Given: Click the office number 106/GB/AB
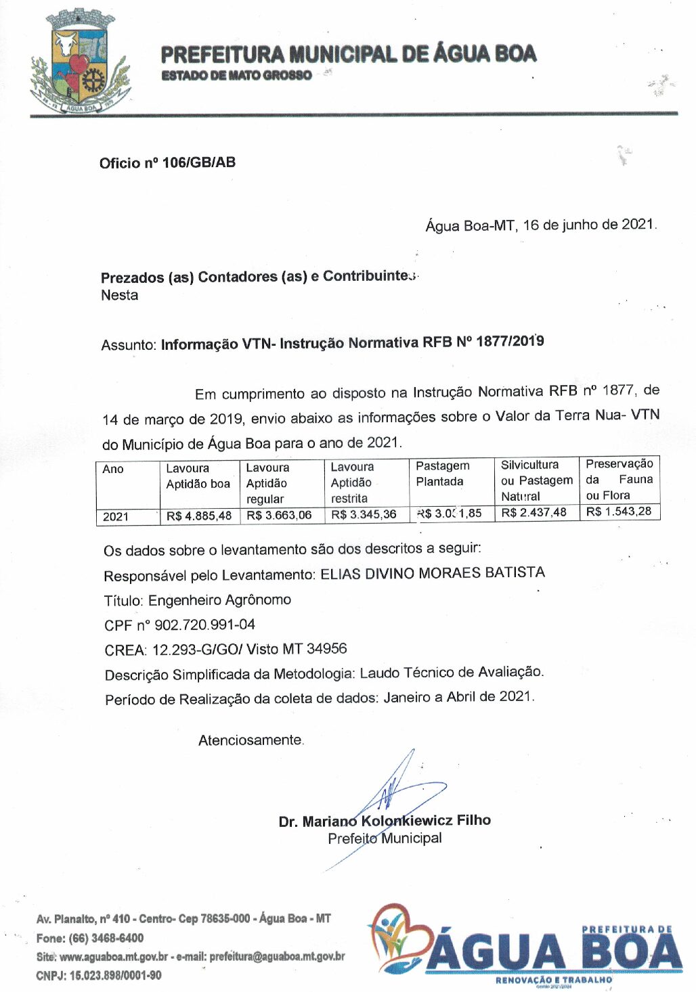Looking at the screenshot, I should (198, 162).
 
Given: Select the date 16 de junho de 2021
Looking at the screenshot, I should (588, 225).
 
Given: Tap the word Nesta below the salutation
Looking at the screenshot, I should (120, 295).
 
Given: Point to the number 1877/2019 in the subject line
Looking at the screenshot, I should (510, 341).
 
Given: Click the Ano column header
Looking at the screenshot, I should (113, 469).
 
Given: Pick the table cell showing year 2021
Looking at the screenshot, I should (116, 516).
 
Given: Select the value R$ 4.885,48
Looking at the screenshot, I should (199, 516).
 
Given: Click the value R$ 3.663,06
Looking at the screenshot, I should (279, 515).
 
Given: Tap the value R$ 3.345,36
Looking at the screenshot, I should (364, 514).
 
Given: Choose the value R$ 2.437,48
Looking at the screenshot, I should (534, 512).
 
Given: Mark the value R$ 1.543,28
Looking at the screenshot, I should (619, 512).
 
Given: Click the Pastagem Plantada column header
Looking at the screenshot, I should (442, 474).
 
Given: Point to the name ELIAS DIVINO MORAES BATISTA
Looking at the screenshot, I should (432, 574).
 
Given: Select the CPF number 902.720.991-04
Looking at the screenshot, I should (204, 625).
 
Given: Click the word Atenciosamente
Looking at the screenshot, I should (251, 740).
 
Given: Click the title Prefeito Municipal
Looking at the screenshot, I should (385, 838).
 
